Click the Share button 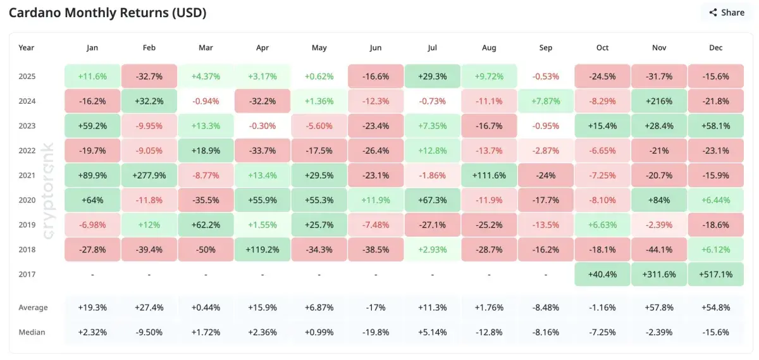point(727,13)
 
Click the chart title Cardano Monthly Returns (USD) point(108,13)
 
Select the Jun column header point(376,47)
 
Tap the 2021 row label point(27,175)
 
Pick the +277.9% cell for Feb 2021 point(149,175)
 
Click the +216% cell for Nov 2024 point(659,101)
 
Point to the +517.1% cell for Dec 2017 point(716,275)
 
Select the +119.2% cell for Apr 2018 point(262,250)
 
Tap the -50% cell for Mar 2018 point(206,250)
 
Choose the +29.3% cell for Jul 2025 point(433,76)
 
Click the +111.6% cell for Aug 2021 point(489,175)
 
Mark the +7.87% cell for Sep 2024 point(546,101)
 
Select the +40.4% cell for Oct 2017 point(602,275)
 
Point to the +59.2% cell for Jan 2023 point(92,126)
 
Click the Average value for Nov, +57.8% point(659,307)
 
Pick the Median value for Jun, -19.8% point(376,332)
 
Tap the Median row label point(32,332)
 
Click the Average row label point(33,307)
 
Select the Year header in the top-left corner point(27,47)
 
